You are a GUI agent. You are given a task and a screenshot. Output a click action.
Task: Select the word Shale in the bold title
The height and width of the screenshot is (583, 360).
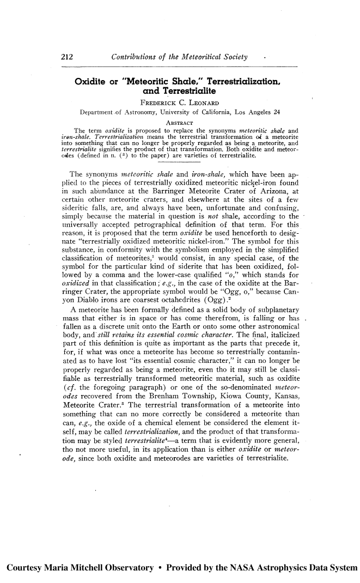[x=198, y=82]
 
